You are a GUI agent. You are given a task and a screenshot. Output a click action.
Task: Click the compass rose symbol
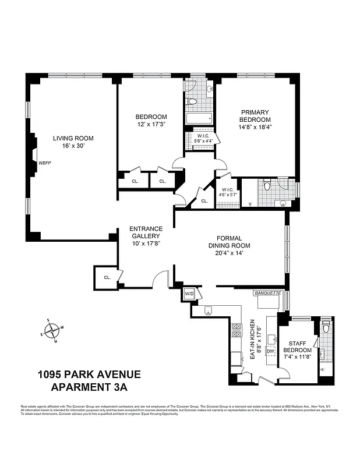pyautogui.click(x=53, y=331)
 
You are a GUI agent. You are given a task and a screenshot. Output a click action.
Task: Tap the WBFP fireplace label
pyautogui.click(x=45, y=164)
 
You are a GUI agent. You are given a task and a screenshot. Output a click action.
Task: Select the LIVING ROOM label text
pyautogui.click(x=73, y=138)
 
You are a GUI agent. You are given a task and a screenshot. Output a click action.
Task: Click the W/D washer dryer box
pyautogui.click(x=189, y=294)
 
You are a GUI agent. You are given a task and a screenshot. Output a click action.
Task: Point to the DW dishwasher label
pyautogui.click(x=270, y=351)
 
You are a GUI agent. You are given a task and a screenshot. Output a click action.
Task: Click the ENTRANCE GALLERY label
pyautogui.click(x=146, y=232)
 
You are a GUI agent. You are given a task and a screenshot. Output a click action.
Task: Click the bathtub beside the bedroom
pyautogui.click(x=197, y=120)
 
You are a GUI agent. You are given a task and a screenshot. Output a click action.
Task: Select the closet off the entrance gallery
pyautogui.click(x=107, y=278)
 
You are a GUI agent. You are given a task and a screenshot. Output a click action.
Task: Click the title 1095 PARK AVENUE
pyautogui.click(x=90, y=375)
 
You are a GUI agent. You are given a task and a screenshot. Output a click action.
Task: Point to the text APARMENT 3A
pyautogui.click(x=90, y=387)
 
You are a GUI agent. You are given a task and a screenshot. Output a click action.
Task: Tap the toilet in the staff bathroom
pyautogui.click(x=326, y=328)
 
